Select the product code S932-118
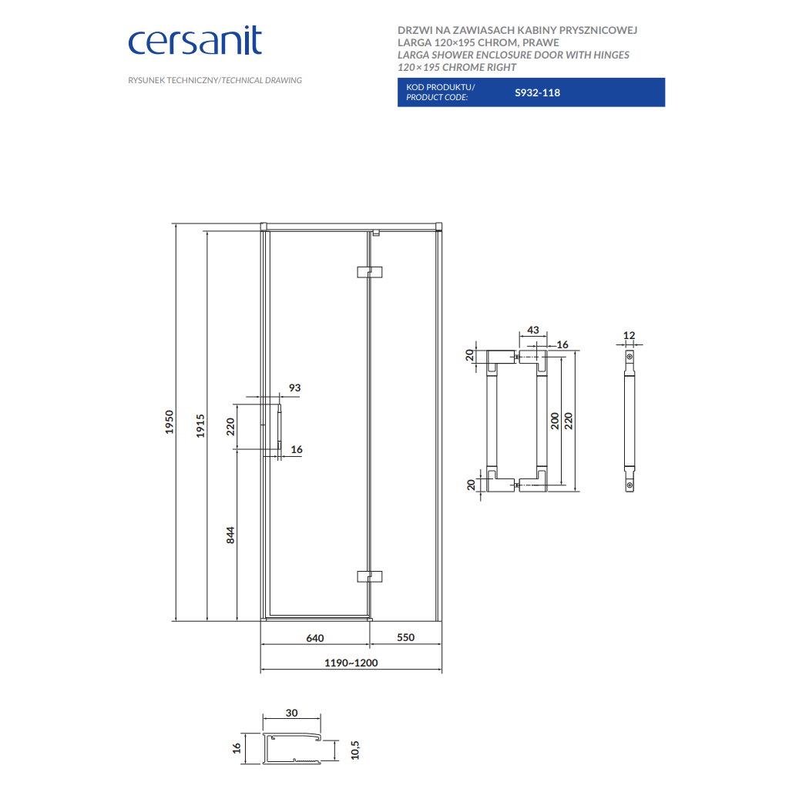pyautogui.click(x=537, y=92)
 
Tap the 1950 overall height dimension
pyautogui.click(x=170, y=421)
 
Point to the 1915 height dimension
pyautogui.click(x=200, y=425)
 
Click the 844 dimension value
pyautogui.click(x=230, y=535)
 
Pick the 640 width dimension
pyautogui.click(x=315, y=638)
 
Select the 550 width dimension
pyautogui.click(x=405, y=637)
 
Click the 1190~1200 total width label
pyautogui.click(x=351, y=663)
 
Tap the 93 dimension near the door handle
pyautogui.click(x=295, y=388)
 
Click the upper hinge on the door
pyautogui.click(x=369, y=272)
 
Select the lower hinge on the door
pyautogui.click(x=369, y=576)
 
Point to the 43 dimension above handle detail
pyautogui.click(x=533, y=330)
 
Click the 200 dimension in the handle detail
pyautogui.click(x=555, y=421)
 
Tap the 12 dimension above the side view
pyautogui.click(x=629, y=335)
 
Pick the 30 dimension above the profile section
pyautogui.click(x=291, y=713)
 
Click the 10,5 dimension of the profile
pyautogui.click(x=355, y=749)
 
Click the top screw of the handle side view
pyautogui.click(x=630, y=357)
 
